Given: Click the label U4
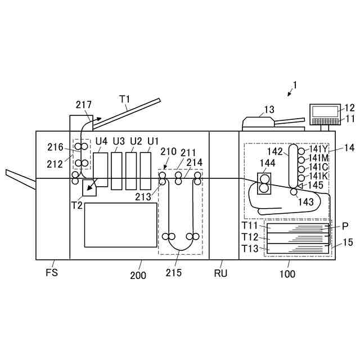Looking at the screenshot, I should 101,141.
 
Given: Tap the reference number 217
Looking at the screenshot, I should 83,105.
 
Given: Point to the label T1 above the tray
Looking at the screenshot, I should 125,98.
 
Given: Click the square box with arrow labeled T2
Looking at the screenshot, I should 89,187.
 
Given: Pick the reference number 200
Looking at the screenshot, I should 138,275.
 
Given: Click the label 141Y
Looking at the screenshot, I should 318,149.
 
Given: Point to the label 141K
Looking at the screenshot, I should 318,176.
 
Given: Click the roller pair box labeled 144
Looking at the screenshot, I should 263,183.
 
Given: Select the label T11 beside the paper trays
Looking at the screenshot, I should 250,226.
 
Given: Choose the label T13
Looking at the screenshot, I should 250,248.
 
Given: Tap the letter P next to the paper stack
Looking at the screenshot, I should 345,226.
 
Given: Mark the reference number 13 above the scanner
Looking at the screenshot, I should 269,110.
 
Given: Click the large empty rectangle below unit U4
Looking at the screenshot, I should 120,225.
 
